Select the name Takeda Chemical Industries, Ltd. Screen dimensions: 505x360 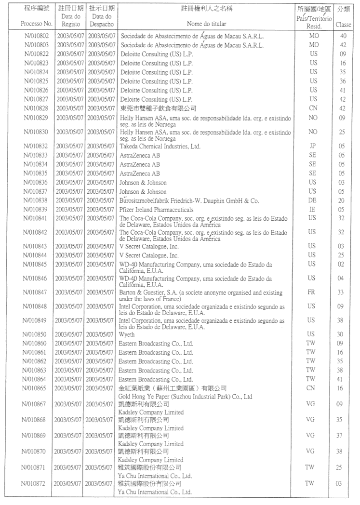(160, 146)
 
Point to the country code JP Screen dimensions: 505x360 (313, 146)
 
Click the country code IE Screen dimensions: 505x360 (313, 210)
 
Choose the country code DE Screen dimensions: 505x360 (313, 200)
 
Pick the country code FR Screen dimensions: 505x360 (313, 292)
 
